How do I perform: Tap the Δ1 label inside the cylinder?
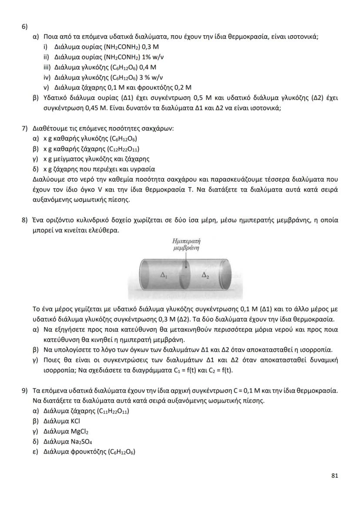(164, 275)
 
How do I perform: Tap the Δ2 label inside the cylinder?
(206, 275)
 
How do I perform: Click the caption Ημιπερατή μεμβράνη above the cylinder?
(186, 244)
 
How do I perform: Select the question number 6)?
(25, 26)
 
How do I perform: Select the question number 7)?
(25, 129)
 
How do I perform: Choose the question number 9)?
(25, 391)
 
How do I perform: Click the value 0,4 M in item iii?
(147, 67)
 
